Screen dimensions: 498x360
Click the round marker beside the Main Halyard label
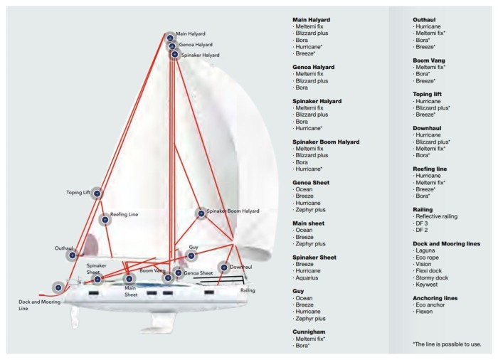[x=170, y=38]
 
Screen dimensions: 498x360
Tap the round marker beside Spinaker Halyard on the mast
[x=175, y=54]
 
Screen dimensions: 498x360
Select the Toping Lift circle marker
[x=97, y=194]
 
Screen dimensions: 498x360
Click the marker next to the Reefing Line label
[x=105, y=220]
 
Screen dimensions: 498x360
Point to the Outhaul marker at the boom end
[x=73, y=255]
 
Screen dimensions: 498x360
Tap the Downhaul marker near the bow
[x=224, y=268]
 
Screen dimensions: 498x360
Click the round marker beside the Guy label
[x=191, y=255]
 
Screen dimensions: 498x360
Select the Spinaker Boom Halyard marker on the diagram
[x=201, y=213]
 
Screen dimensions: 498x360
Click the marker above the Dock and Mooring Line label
[x=58, y=287]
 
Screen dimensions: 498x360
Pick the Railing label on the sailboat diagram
[x=248, y=290]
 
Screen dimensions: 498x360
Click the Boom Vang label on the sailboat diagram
[x=152, y=271]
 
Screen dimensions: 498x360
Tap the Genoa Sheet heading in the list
[x=311, y=182]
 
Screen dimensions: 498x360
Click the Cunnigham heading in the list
[x=309, y=332]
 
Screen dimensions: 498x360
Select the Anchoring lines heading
[x=435, y=298]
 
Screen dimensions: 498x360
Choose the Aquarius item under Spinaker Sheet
[x=307, y=277]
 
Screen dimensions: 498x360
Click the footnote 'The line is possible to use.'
[x=447, y=344]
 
